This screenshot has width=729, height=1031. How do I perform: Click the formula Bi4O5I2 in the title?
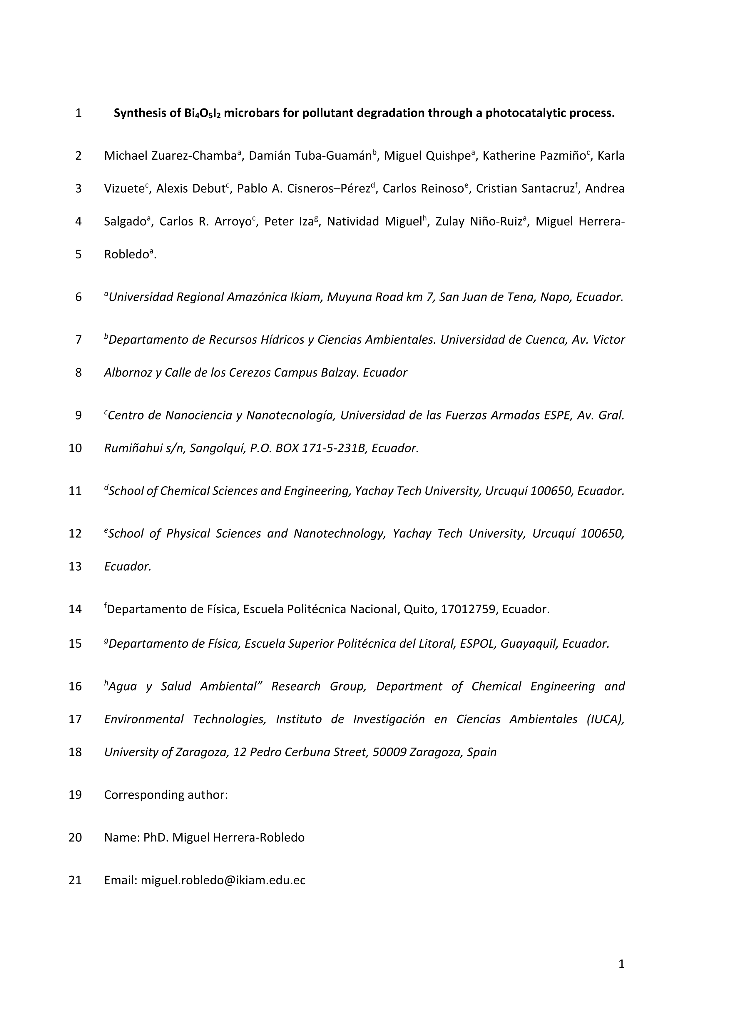(x=203, y=113)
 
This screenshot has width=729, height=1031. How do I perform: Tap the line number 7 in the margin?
(x=78, y=340)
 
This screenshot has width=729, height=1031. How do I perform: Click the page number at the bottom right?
(x=621, y=964)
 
